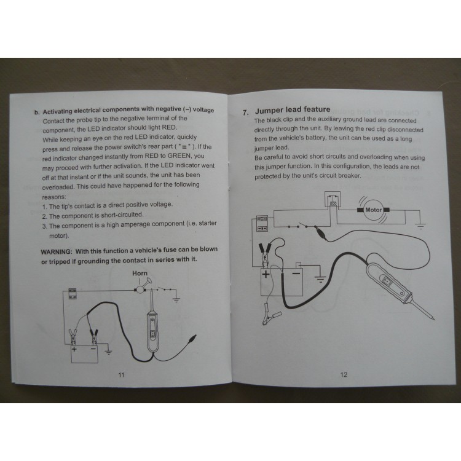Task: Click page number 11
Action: click(x=121, y=375)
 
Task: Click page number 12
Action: click(x=344, y=374)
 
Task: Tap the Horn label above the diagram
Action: click(x=140, y=273)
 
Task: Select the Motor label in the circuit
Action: click(x=373, y=210)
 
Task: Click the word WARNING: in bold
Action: click(x=56, y=252)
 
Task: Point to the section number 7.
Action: click(x=245, y=112)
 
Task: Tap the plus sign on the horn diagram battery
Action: click(x=74, y=349)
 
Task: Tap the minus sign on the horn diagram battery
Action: click(x=93, y=349)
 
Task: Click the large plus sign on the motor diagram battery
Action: click(x=266, y=274)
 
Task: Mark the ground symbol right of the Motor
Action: click(x=421, y=226)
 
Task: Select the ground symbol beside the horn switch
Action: click(x=176, y=300)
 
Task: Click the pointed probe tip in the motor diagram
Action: click(x=433, y=318)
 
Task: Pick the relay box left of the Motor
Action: click(x=332, y=200)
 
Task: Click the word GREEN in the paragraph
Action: click(x=179, y=156)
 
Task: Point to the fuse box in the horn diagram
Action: click(x=73, y=293)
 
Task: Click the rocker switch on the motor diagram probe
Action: click(x=387, y=282)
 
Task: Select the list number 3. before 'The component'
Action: click(x=45, y=226)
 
